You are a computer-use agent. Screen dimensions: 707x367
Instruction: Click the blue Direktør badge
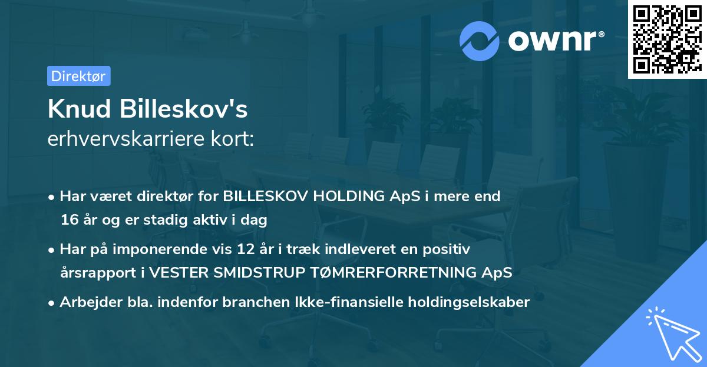coord(79,76)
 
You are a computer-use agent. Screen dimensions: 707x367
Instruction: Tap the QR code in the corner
coord(667,39)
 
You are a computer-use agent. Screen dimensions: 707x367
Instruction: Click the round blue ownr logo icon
coord(480,41)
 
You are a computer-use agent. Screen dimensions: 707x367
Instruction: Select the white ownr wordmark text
coord(556,41)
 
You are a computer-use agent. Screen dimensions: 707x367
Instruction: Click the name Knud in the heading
coord(79,109)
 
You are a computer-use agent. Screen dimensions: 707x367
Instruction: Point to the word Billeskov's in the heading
coord(183,109)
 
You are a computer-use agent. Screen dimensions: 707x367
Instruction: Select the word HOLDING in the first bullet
coord(349,196)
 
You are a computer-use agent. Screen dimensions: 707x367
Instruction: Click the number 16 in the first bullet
coord(70,220)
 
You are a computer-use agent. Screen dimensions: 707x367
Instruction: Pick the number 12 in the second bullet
coord(246,249)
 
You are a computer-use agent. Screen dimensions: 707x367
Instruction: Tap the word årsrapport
coord(98,273)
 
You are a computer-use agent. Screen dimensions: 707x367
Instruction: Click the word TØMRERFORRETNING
coord(394,272)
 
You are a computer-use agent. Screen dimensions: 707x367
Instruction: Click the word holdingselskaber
coord(469,303)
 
